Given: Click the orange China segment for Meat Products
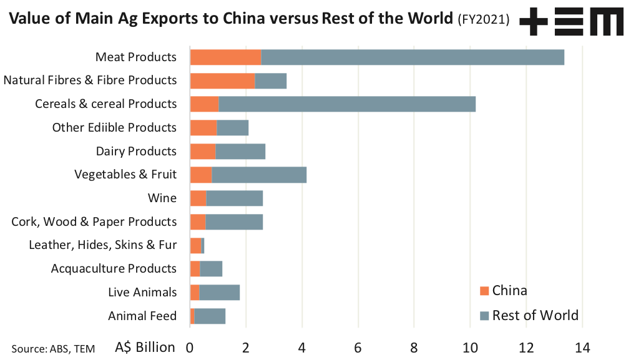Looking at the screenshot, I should click(225, 57).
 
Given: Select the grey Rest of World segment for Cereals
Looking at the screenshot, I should click(347, 104).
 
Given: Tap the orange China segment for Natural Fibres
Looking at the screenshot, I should click(222, 80).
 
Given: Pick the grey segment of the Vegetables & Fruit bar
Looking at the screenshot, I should click(259, 175).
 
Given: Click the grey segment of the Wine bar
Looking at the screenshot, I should click(234, 198).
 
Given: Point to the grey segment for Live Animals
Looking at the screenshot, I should click(220, 292).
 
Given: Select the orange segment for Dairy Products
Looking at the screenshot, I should click(203, 151).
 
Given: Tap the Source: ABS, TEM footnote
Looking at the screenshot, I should click(53, 349).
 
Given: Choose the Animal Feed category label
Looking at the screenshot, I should click(142, 316).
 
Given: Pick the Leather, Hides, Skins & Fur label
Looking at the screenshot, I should click(103, 245).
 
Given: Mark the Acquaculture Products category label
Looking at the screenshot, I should click(114, 269).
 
